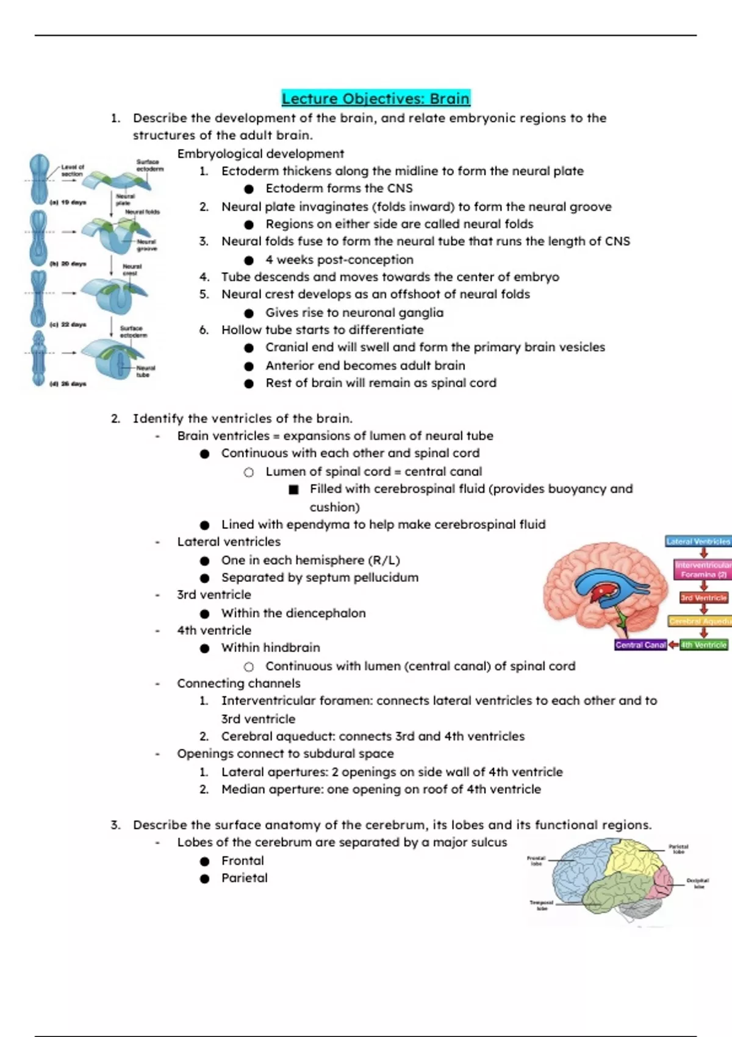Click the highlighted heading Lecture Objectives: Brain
(376, 99)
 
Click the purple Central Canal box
(640, 645)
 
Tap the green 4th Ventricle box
(704, 645)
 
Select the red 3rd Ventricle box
(704, 598)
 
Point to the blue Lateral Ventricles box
(698, 541)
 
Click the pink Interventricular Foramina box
(703, 570)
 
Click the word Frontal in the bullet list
(243, 861)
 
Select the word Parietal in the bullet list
(245, 878)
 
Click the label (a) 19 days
(68, 202)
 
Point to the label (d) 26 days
(68, 384)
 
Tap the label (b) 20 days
(68, 264)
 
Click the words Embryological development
(260, 154)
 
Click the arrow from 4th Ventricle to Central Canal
(673, 645)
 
